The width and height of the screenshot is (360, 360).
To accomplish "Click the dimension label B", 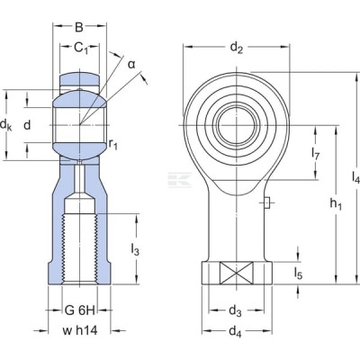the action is [x=79, y=27].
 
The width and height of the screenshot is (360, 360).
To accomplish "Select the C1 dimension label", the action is [x=81, y=48].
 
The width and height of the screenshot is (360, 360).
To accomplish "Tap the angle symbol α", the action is [x=131, y=64].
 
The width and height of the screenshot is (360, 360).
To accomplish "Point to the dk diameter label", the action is [x=6, y=124].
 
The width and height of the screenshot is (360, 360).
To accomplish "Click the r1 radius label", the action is [x=113, y=145].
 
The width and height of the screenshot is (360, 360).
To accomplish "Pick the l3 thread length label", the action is [x=135, y=249].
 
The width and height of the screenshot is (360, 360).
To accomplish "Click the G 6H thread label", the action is [x=80, y=310].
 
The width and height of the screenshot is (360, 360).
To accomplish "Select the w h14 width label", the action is [x=80, y=330].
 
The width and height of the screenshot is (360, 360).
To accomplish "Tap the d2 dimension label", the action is [x=236, y=48].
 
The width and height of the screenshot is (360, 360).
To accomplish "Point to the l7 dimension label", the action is [x=315, y=154].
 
